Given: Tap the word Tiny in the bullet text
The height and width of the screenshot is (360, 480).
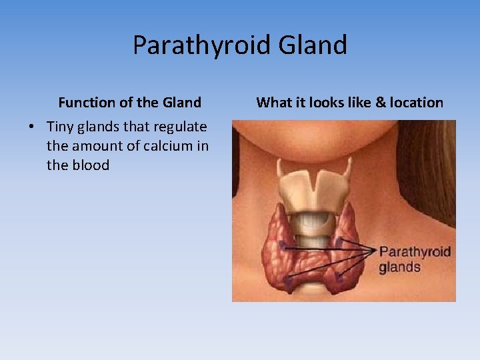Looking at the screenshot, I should pos(61,127).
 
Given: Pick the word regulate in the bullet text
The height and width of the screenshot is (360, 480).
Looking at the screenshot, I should pos(180,127).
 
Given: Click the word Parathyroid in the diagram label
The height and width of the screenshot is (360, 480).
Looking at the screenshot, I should pos(415,252).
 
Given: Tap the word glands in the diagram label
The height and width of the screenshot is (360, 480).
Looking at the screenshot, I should pos(399,267).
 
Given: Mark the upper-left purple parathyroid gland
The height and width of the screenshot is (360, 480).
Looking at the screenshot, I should pos(283,245).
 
